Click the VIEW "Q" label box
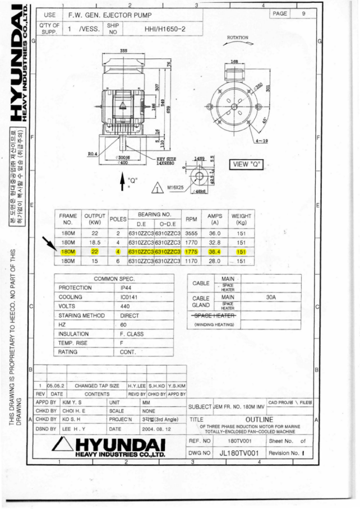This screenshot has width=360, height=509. tap(247, 164)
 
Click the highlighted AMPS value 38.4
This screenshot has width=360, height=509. tap(215, 252)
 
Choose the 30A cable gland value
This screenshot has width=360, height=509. tap(270, 298)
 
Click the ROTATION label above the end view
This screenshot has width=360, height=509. tap(237, 38)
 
